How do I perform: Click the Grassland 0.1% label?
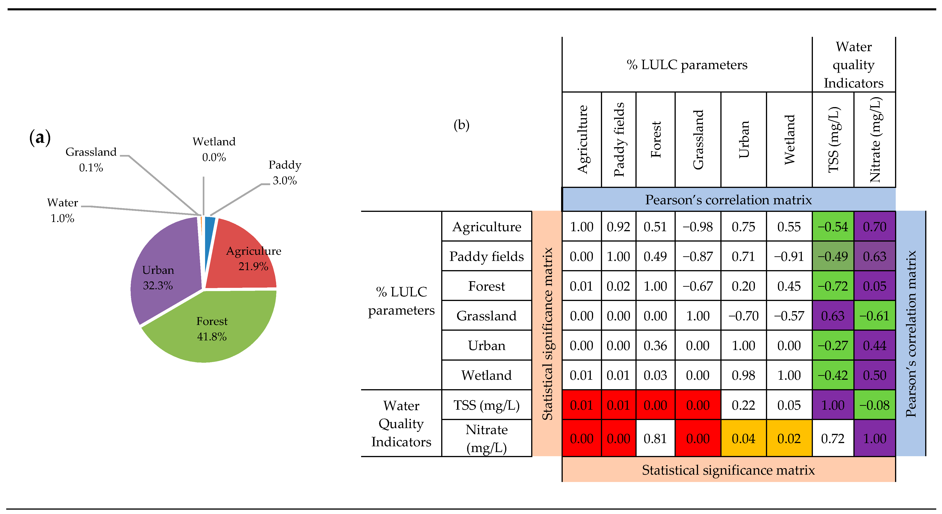pyautogui.click(x=91, y=160)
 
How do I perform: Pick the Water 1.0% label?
pyautogui.click(x=63, y=210)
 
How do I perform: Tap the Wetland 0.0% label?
pyautogui.click(x=214, y=149)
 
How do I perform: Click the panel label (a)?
pyautogui.click(x=40, y=137)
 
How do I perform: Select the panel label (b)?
pyautogui.click(x=461, y=125)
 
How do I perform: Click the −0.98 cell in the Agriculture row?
pyautogui.click(x=698, y=227)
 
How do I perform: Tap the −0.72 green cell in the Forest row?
pyautogui.click(x=833, y=286)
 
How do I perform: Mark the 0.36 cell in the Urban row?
pyautogui.click(x=655, y=345)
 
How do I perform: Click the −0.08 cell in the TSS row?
pyautogui.click(x=874, y=405)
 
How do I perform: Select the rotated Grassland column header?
pyautogui.click(x=698, y=140)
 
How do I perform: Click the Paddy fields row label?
pyautogui.click(x=486, y=256)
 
